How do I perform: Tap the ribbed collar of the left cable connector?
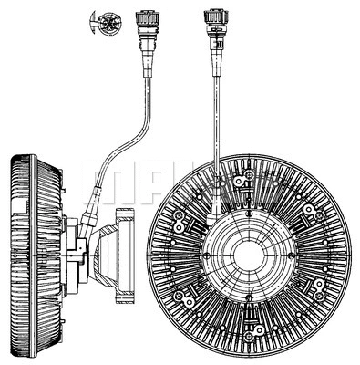click(x=145, y=17)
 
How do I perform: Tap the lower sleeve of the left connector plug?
click(x=146, y=51)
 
